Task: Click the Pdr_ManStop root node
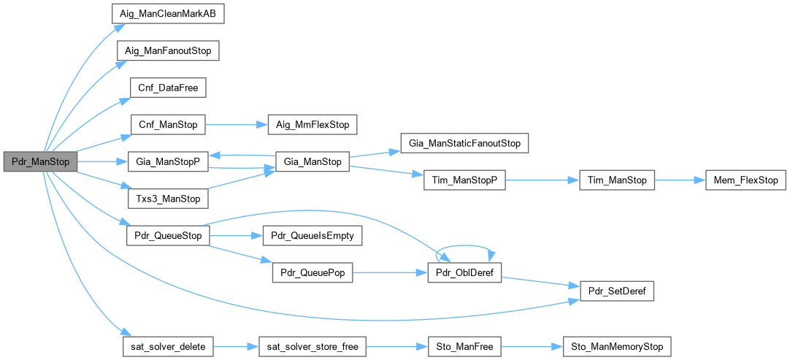click(x=40, y=161)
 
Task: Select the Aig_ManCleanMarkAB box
click(x=167, y=15)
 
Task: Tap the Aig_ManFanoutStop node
click(x=168, y=51)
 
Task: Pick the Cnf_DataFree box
click(x=167, y=88)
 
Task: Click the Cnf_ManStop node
click(x=167, y=125)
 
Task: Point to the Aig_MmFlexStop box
click(x=312, y=125)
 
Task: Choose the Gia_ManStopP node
click(x=167, y=161)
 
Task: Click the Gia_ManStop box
click(x=312, y=161)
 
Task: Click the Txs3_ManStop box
click(x=167, y=199)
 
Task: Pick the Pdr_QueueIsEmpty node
click(x=312, y=236)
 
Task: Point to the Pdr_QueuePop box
click(x=312, y=272)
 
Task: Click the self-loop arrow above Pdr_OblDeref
click(x=464, y=246)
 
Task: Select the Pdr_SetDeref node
click(x=616, y=291)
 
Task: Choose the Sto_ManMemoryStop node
click(x=616, y=346)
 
